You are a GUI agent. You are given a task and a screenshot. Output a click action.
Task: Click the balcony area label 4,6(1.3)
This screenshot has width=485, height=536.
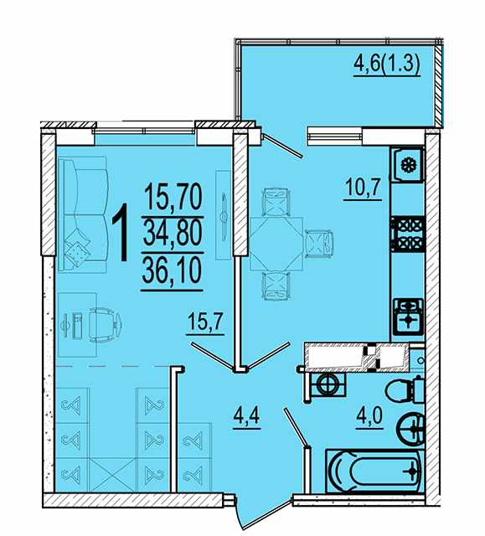(386, 65)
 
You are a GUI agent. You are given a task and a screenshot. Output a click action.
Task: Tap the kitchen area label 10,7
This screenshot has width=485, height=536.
(363, 187)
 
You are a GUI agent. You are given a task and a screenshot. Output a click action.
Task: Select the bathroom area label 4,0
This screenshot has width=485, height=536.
(369, 416)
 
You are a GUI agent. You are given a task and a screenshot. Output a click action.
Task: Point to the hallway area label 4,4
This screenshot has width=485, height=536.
(247, 416)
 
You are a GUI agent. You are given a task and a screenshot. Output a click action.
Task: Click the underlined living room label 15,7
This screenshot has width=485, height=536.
(205, 322)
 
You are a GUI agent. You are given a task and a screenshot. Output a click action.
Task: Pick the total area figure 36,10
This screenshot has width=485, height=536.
(172, 272)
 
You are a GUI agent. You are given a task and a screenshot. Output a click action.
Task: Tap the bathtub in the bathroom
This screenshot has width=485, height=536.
(374, 471)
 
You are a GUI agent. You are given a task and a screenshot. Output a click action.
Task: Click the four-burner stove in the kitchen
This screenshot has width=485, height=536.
(408, 234)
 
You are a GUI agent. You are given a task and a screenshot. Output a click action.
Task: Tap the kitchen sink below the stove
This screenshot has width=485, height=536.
(409, 316)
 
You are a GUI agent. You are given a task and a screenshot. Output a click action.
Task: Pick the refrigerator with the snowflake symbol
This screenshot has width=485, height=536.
(407, 166)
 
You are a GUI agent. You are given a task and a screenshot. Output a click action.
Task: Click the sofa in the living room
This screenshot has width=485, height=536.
(83, 214)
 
